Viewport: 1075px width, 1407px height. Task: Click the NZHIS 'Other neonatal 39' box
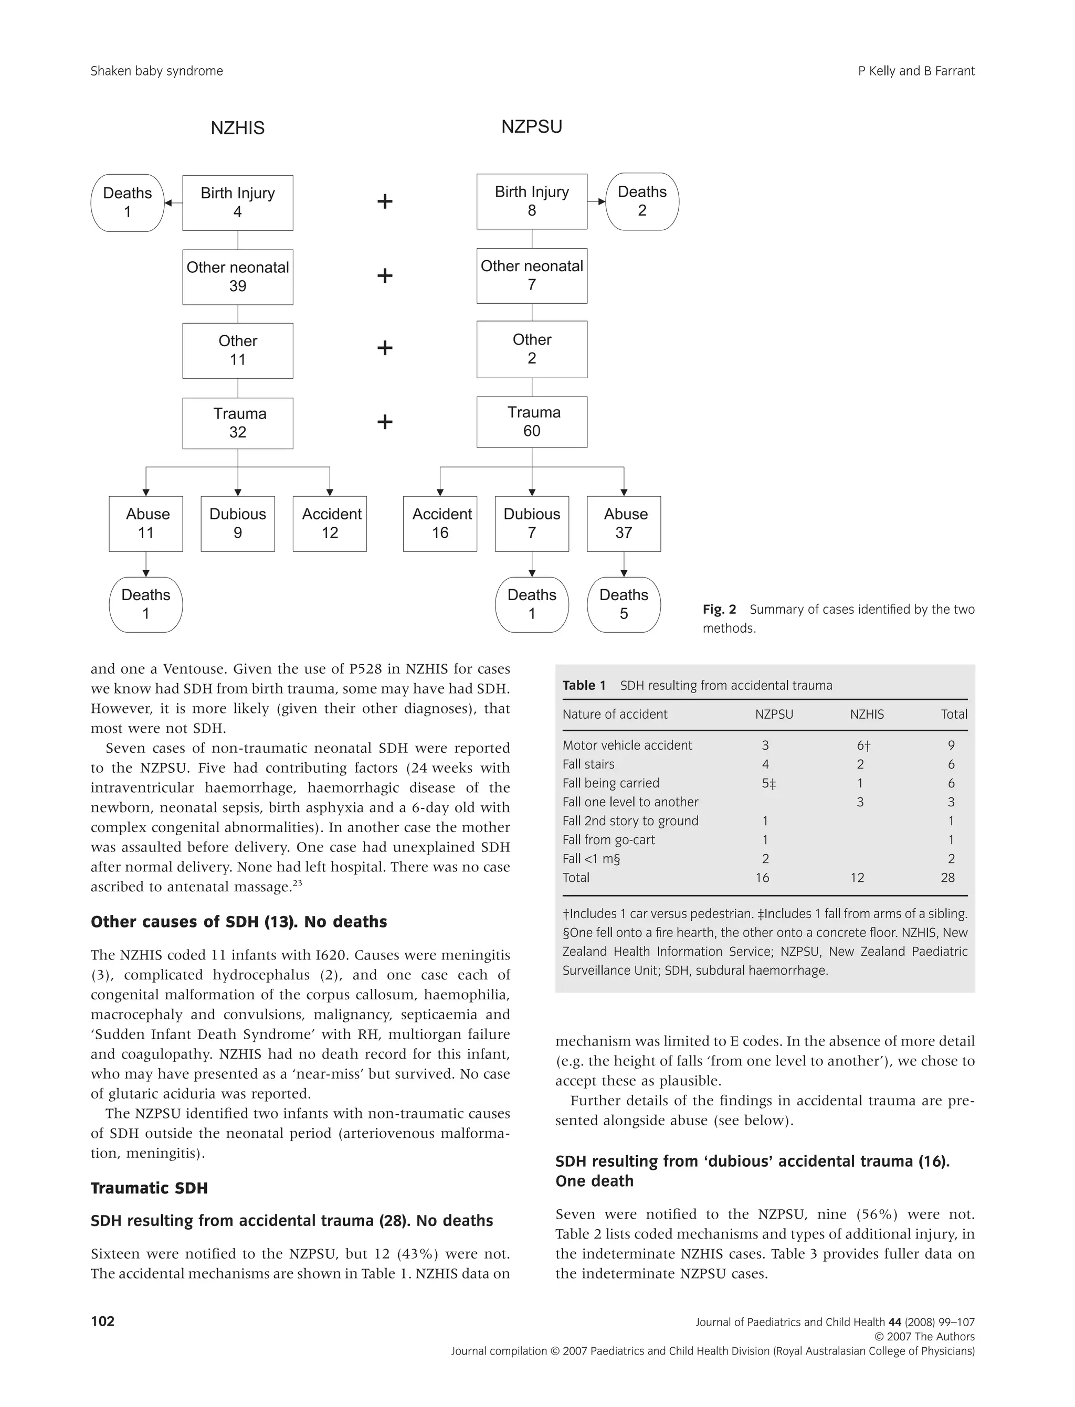click(x=237, y=277)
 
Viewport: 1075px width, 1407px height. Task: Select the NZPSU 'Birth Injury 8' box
click(x=532, y=201)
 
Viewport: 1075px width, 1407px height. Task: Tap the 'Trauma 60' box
click(x=532, y=422)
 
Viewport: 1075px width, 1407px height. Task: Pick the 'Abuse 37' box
click(x=624, y=524)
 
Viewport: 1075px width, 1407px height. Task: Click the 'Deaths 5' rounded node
click(x=624, y=604)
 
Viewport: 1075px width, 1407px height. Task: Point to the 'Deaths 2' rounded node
click(x=642, y=201)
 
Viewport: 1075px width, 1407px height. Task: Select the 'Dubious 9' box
click(x=237, y=524)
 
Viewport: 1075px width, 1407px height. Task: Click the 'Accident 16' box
click(x=440, y=524)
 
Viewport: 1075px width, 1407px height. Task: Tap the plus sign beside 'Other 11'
click(x=385, y=348)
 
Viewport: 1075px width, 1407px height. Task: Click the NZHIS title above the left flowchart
click(x=237, y=128)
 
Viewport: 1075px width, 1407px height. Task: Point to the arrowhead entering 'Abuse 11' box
click(x=146, y=493)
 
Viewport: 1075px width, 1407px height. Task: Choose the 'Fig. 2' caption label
click(x=719, y=610)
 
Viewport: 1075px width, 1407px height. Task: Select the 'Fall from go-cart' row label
click(x=608, y=840)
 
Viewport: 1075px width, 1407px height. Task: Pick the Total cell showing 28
click(x=947, y=878)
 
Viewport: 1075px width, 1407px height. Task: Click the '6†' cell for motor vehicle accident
click(x=863, y=745)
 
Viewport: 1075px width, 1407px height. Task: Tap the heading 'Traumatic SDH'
click(x=149, y=1188)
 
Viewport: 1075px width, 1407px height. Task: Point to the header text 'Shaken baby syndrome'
click(x=157, y=71)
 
